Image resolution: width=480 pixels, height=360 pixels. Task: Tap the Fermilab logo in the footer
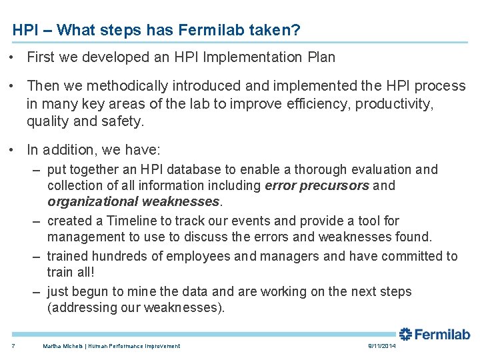[434, 334]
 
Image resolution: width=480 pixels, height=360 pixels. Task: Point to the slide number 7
[13, 346]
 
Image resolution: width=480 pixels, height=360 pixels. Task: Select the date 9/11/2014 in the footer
[381, 346]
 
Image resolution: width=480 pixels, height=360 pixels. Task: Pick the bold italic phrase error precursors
[317, 185]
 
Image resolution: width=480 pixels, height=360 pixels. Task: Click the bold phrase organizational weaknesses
[133, 201]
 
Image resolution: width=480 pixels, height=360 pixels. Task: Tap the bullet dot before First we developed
[13, 57]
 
